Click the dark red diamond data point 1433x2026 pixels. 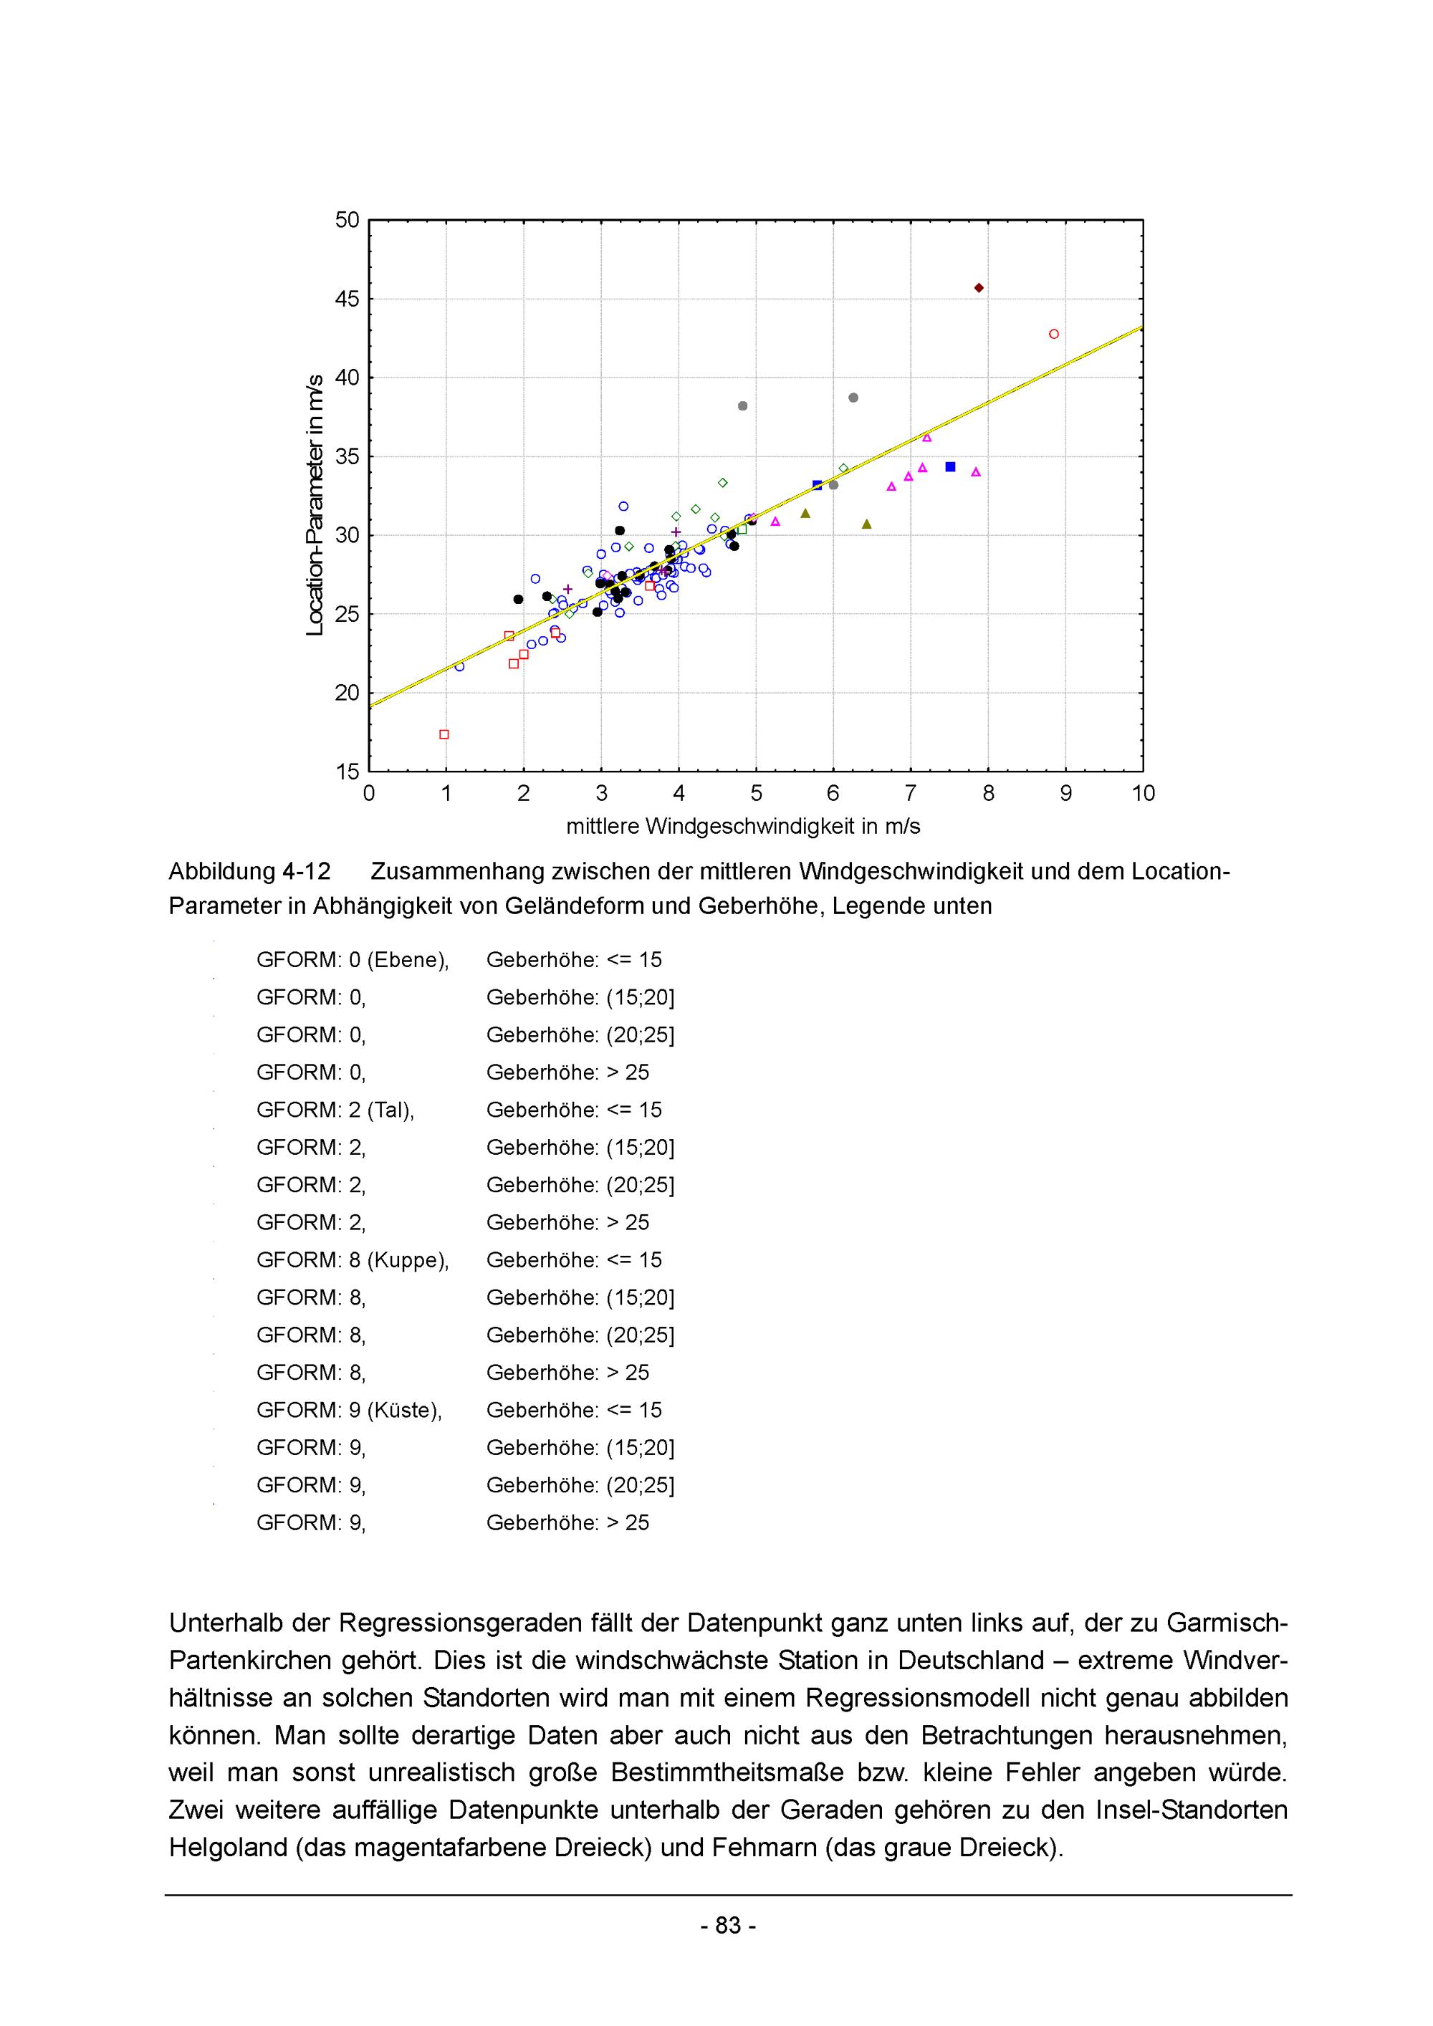(979, 288)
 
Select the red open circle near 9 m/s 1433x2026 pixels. (1053, 335)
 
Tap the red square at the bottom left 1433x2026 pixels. (444, 734)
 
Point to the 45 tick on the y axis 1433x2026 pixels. (348, 299)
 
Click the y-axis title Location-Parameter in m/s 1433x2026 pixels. (315, 505)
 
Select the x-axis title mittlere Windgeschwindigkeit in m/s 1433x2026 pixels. (743, 827)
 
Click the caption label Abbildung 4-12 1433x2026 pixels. (250, 872)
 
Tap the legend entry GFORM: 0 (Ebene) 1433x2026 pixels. (353, 960)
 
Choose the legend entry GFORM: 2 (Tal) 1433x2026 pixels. (335, 1110)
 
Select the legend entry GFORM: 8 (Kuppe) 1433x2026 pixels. (353, 1260)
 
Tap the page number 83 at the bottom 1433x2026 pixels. (728, 1926)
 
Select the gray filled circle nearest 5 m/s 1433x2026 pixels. (743, 406)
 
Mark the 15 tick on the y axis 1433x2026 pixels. (348, 772)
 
